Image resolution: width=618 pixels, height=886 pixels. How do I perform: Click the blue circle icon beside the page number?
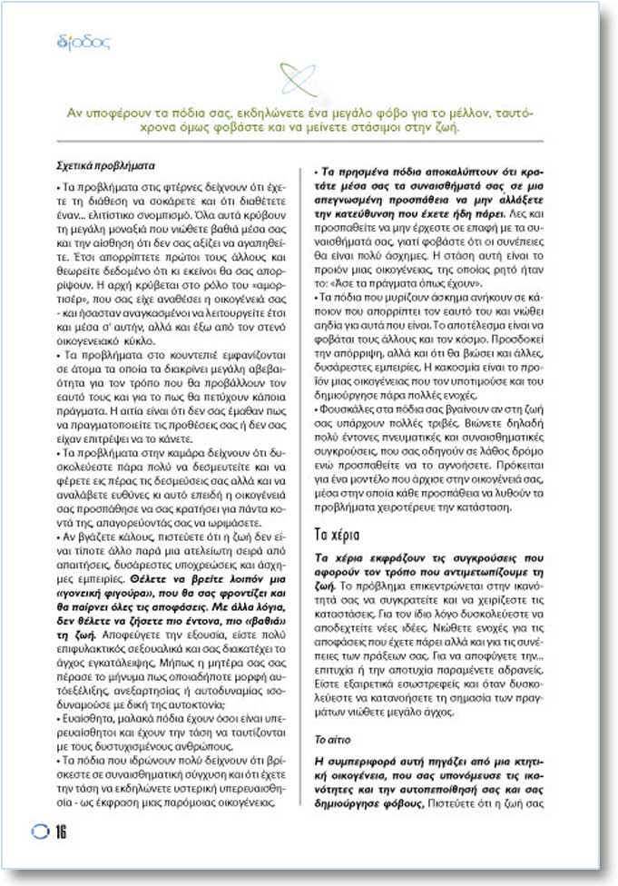pyautogui.click(x=41, y=832)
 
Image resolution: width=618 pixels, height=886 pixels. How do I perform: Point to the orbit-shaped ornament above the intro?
pyautogui.click(x=299, y=80)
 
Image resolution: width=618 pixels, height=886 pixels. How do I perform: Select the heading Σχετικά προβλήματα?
pyautogui.click(x=106, y=168)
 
